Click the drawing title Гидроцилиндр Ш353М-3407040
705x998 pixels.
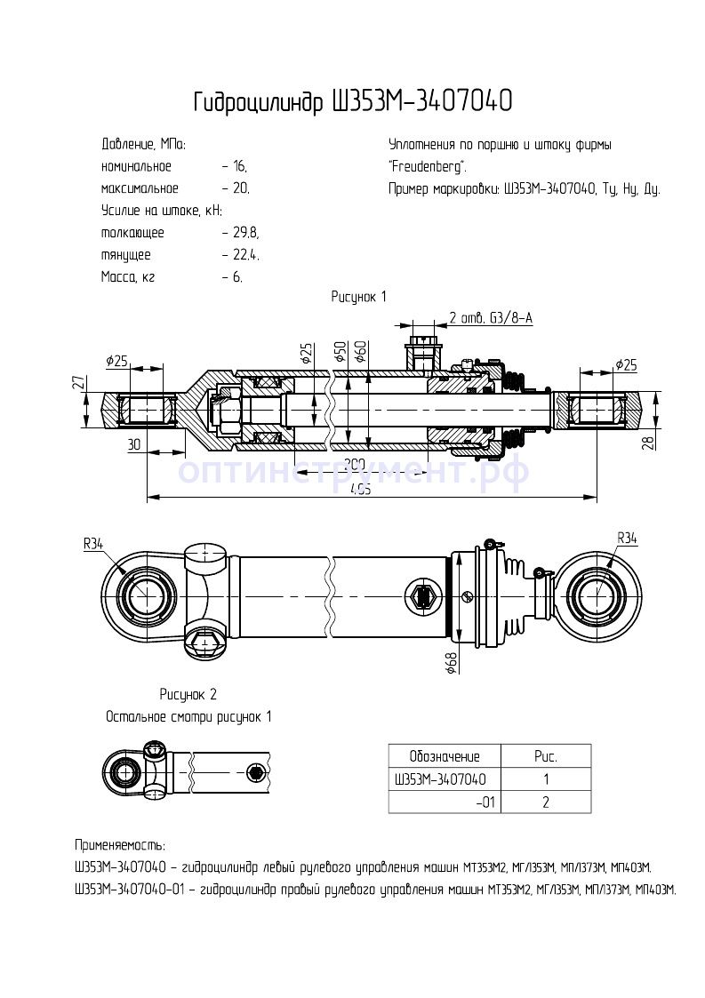352,102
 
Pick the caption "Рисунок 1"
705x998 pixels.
359,297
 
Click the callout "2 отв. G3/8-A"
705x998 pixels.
491,318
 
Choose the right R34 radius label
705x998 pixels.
627,538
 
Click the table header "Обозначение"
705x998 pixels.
445,756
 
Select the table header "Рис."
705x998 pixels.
546,756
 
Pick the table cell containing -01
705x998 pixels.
485,802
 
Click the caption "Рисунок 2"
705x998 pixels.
188,694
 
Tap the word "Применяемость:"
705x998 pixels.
120,845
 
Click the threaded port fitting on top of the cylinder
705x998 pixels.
421,347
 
